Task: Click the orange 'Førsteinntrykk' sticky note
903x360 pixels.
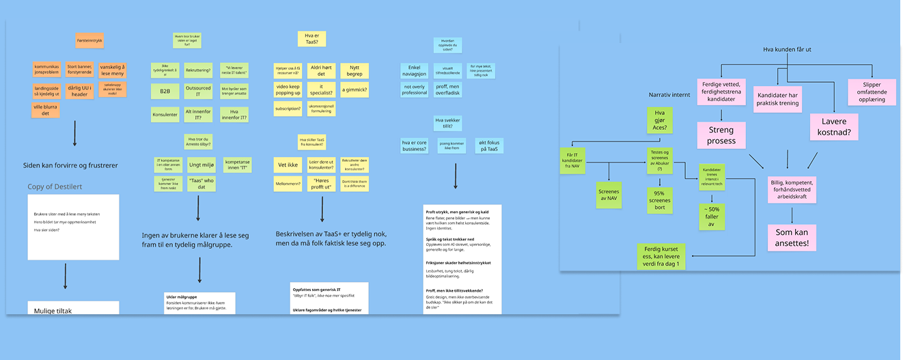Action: click(x=89, y=40)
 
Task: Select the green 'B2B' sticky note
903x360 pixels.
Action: click(x=165, y=92)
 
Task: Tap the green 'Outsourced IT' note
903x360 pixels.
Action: click(x=198, y=92)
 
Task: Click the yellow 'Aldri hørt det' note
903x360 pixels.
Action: click(x=321, y=71)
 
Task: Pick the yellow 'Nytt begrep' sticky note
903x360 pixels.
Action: click(x=355, y=71)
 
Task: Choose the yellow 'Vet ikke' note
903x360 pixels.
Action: click(x=288, y=165)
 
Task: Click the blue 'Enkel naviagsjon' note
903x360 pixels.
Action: click(x=413, y=71)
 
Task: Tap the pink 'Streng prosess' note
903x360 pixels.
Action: click(x=721, y=135)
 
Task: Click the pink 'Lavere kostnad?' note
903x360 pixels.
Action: click(x=833, y=127)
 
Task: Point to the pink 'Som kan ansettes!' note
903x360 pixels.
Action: click(x=792, y=238)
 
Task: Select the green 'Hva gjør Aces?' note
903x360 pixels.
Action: click(x=659, y=120)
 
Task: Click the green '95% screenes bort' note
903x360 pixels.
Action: click(x=659, y=200)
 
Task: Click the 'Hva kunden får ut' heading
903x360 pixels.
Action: click(x=787, y=49)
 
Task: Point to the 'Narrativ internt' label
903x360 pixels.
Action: click(x=669, y=94)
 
